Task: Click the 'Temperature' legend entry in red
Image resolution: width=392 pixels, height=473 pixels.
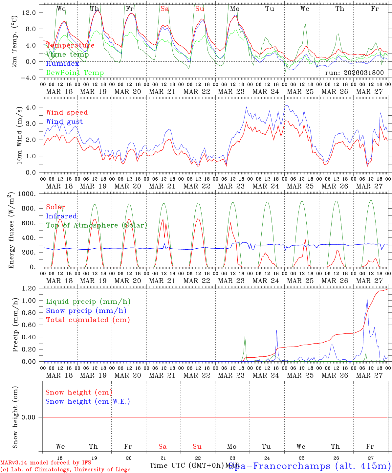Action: coord(70,45)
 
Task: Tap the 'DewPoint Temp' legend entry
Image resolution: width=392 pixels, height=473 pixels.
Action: coord(75,73)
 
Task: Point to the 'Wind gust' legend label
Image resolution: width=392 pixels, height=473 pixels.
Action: coord(64,122)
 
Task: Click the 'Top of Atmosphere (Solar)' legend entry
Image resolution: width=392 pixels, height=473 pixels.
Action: coord(97,225)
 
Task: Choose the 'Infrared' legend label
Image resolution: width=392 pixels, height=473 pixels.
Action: coord(61,216)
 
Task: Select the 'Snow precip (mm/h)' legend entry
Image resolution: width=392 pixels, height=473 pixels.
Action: coord(86,311)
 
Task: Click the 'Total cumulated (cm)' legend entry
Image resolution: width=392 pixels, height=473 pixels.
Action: coord(88,320)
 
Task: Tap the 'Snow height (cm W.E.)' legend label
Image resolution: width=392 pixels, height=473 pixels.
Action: coord(88,401)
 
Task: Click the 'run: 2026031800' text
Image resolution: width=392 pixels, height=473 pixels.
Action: coord(354,73)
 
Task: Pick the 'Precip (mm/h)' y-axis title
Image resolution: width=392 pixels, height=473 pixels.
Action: coord(15,325)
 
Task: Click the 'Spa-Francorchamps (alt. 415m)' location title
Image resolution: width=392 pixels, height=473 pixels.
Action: coord(310,466)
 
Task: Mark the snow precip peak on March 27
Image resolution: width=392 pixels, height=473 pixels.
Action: coord(367,299)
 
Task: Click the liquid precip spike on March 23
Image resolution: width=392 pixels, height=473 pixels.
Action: coord(245,336)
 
